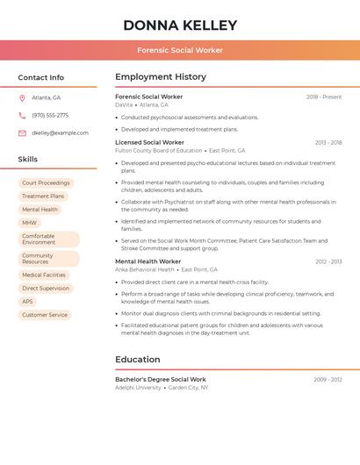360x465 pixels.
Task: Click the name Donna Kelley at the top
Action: [x=180, y=25]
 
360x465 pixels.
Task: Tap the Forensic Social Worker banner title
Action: [x=180, y=50]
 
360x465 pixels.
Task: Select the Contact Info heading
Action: [x=40, y=77]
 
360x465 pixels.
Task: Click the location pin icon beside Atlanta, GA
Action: [x=22, y=97]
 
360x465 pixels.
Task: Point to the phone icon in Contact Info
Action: [x=22, y=115]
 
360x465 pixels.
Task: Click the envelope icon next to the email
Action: [x=22, y=133]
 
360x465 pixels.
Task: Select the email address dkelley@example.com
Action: [x=60, y=133]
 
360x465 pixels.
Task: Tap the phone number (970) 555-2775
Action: [x=50, y=115]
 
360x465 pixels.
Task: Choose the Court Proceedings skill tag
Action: [x=46, y=183]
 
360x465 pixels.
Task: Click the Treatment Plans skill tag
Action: [x=43, y=197]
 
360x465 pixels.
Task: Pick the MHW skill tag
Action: [x=30, y=223]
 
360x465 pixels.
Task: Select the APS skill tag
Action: [x=28, y=302]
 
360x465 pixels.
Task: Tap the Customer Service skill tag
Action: [x=45, y=315]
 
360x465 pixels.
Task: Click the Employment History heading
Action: [x=161, y=77]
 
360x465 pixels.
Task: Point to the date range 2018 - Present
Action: [x=324, y=97]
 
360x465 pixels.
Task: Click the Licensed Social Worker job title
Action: [x=149, y=142]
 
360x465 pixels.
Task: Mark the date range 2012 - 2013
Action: [x=328, y=261]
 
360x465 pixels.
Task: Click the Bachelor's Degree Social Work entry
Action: [x=161, y=379]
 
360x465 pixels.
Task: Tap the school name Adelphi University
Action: [x=138, y=387]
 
